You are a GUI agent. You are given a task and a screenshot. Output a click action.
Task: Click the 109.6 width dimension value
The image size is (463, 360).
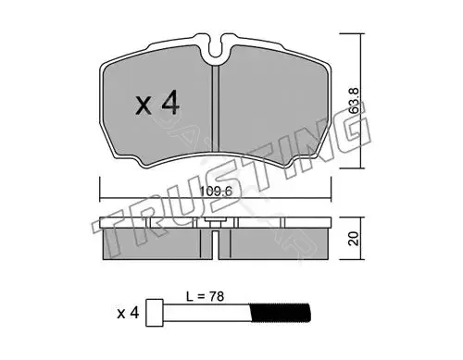(216, 192)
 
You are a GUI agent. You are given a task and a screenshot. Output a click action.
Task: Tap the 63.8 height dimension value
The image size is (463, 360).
(355, 100)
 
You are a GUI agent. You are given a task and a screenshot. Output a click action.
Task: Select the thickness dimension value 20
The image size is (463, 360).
(354, 239)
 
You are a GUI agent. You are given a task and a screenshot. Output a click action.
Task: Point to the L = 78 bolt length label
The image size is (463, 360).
(205, 296)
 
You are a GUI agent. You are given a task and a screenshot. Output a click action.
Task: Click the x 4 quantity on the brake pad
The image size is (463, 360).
(157, 103)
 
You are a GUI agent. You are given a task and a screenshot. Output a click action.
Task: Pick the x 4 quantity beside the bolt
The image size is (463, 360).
(128, 314)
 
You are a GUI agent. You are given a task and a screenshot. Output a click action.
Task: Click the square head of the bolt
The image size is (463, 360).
(155, 313)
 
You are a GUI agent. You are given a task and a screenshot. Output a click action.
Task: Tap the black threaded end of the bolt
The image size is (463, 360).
(280, 313)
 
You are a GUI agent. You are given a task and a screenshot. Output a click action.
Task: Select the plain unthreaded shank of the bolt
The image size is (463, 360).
(206, 313)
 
